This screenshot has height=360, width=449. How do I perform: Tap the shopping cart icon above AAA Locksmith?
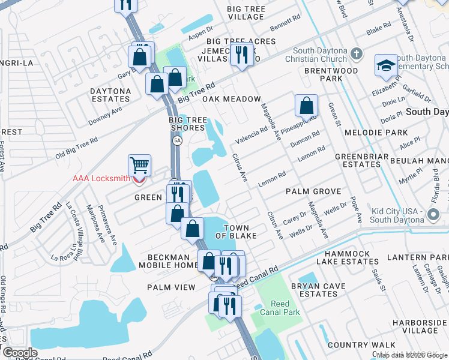coord(139,164)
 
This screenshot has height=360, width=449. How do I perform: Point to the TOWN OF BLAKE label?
coord(240,232)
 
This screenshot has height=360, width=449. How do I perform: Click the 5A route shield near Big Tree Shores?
coord(177,140)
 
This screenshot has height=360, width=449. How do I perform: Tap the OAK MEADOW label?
coord(232,99)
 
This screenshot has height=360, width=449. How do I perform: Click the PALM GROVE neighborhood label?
coord(313,191)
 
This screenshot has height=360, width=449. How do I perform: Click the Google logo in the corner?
coord(19,353)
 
